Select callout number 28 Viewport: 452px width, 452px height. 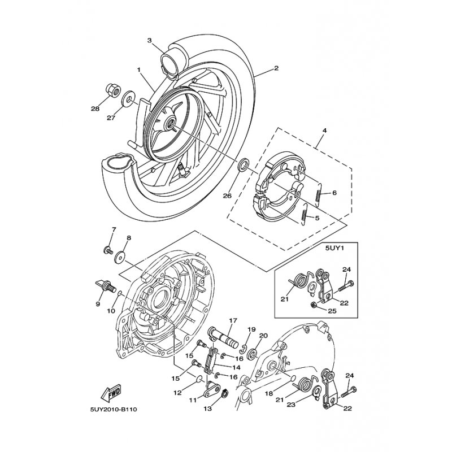click(x=95, y=108)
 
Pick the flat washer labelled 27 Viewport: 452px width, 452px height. click(x=127, y=98)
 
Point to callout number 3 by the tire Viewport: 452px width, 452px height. click(x=150, y=41)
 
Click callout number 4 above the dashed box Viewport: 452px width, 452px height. click(x=324, y=131)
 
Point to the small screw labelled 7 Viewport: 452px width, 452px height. click(x=108, y=250)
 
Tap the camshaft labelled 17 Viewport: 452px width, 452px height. click(x=223, y=337)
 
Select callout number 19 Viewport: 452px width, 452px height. click(x=251, y=329)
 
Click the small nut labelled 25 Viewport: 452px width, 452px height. click(x=315, y=304)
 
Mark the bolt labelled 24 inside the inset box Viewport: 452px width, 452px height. click(x=345, y=285)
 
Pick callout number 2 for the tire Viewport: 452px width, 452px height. click(x=276, y=68)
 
